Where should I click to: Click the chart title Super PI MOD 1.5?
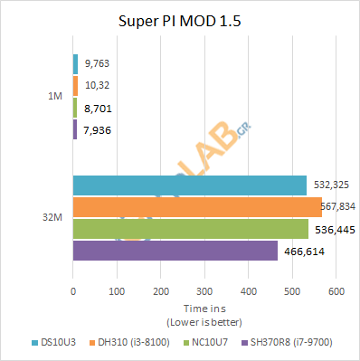tap(180, 21)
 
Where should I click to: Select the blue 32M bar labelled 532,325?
tap(189, 185)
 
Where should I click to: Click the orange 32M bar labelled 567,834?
tap(196, 207)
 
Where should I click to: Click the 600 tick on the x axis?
tap(336, 291)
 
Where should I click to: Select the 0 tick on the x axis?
tap(73, 291)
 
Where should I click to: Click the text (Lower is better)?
tap(204, 321)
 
